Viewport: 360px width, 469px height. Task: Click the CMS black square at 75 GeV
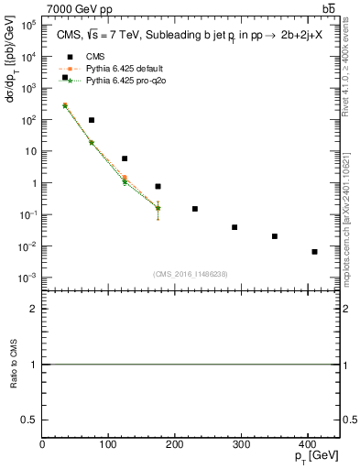(92, 120)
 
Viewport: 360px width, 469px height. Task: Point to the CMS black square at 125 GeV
(125, 158)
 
